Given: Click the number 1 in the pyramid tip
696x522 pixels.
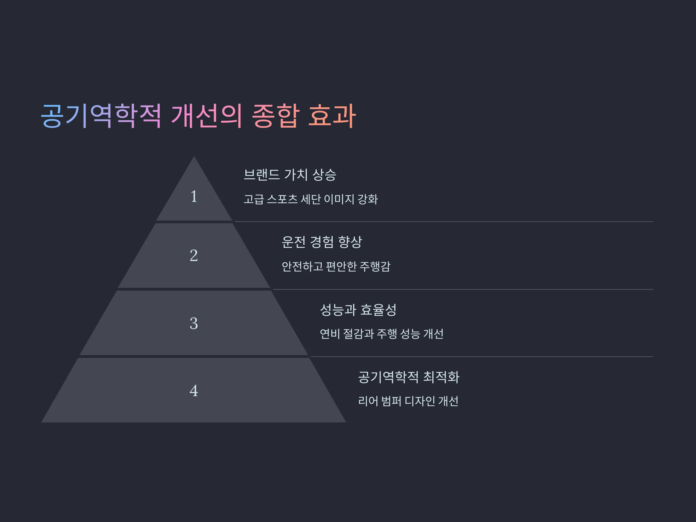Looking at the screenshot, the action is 194,196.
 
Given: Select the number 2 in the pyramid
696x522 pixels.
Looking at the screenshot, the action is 194,255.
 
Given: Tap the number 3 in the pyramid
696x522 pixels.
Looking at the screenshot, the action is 194,323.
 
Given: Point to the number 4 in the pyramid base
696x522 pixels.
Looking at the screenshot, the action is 194,390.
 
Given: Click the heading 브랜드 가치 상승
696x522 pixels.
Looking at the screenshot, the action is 290,175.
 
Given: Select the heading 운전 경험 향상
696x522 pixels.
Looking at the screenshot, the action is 322,242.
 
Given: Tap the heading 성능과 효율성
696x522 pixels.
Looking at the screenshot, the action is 358,310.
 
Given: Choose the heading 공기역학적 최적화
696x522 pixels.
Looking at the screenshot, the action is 409,377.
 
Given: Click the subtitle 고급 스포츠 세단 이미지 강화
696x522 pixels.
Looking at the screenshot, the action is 311,199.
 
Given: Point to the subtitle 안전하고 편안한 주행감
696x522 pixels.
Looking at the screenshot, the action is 336,267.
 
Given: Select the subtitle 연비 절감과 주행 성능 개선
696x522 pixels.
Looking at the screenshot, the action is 382,334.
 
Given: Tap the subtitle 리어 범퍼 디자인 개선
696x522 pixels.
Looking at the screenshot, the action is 408,401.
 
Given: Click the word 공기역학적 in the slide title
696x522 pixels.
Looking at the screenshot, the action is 101,116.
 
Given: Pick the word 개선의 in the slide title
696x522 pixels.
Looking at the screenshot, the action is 207,116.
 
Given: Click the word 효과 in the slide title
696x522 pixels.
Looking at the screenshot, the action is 332,116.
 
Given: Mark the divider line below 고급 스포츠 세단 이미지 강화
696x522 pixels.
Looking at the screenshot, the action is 444,222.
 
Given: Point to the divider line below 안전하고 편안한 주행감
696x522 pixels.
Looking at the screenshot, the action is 463,289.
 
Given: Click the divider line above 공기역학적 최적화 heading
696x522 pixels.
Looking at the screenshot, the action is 482,356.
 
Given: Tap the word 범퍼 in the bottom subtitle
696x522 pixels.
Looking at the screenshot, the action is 391,401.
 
